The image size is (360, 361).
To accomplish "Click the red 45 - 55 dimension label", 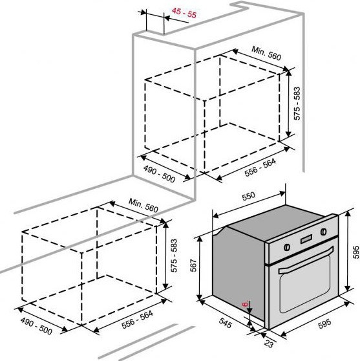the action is point(184,13).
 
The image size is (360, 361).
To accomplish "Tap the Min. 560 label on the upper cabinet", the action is point(266,53).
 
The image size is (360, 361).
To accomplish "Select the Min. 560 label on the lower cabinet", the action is point(143,205).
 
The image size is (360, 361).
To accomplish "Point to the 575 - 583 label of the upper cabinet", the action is point(297,104).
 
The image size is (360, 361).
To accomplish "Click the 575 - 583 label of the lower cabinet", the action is point(174,256).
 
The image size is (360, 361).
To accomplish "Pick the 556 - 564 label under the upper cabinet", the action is point(260,168).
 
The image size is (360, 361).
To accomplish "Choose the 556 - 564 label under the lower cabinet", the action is point(137,320).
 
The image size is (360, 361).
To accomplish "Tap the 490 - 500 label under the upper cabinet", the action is point(159,174).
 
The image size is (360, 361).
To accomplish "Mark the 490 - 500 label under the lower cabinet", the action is point(36,326).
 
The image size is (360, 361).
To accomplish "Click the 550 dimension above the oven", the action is point(249,196).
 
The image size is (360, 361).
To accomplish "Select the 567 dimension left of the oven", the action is point(193,265).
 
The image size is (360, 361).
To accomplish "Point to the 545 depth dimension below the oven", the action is point(225,323).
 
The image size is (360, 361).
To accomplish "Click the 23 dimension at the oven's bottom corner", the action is point(268,344).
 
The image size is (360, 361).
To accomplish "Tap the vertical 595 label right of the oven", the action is point(355,252).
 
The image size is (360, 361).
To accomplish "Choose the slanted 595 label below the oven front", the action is point(324,323).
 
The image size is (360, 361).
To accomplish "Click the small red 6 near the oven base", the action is point(246,304).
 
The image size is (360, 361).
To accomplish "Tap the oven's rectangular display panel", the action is point(306,239).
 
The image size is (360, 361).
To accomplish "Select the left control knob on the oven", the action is point(287,247).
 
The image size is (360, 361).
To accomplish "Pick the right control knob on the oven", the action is point(324,232).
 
